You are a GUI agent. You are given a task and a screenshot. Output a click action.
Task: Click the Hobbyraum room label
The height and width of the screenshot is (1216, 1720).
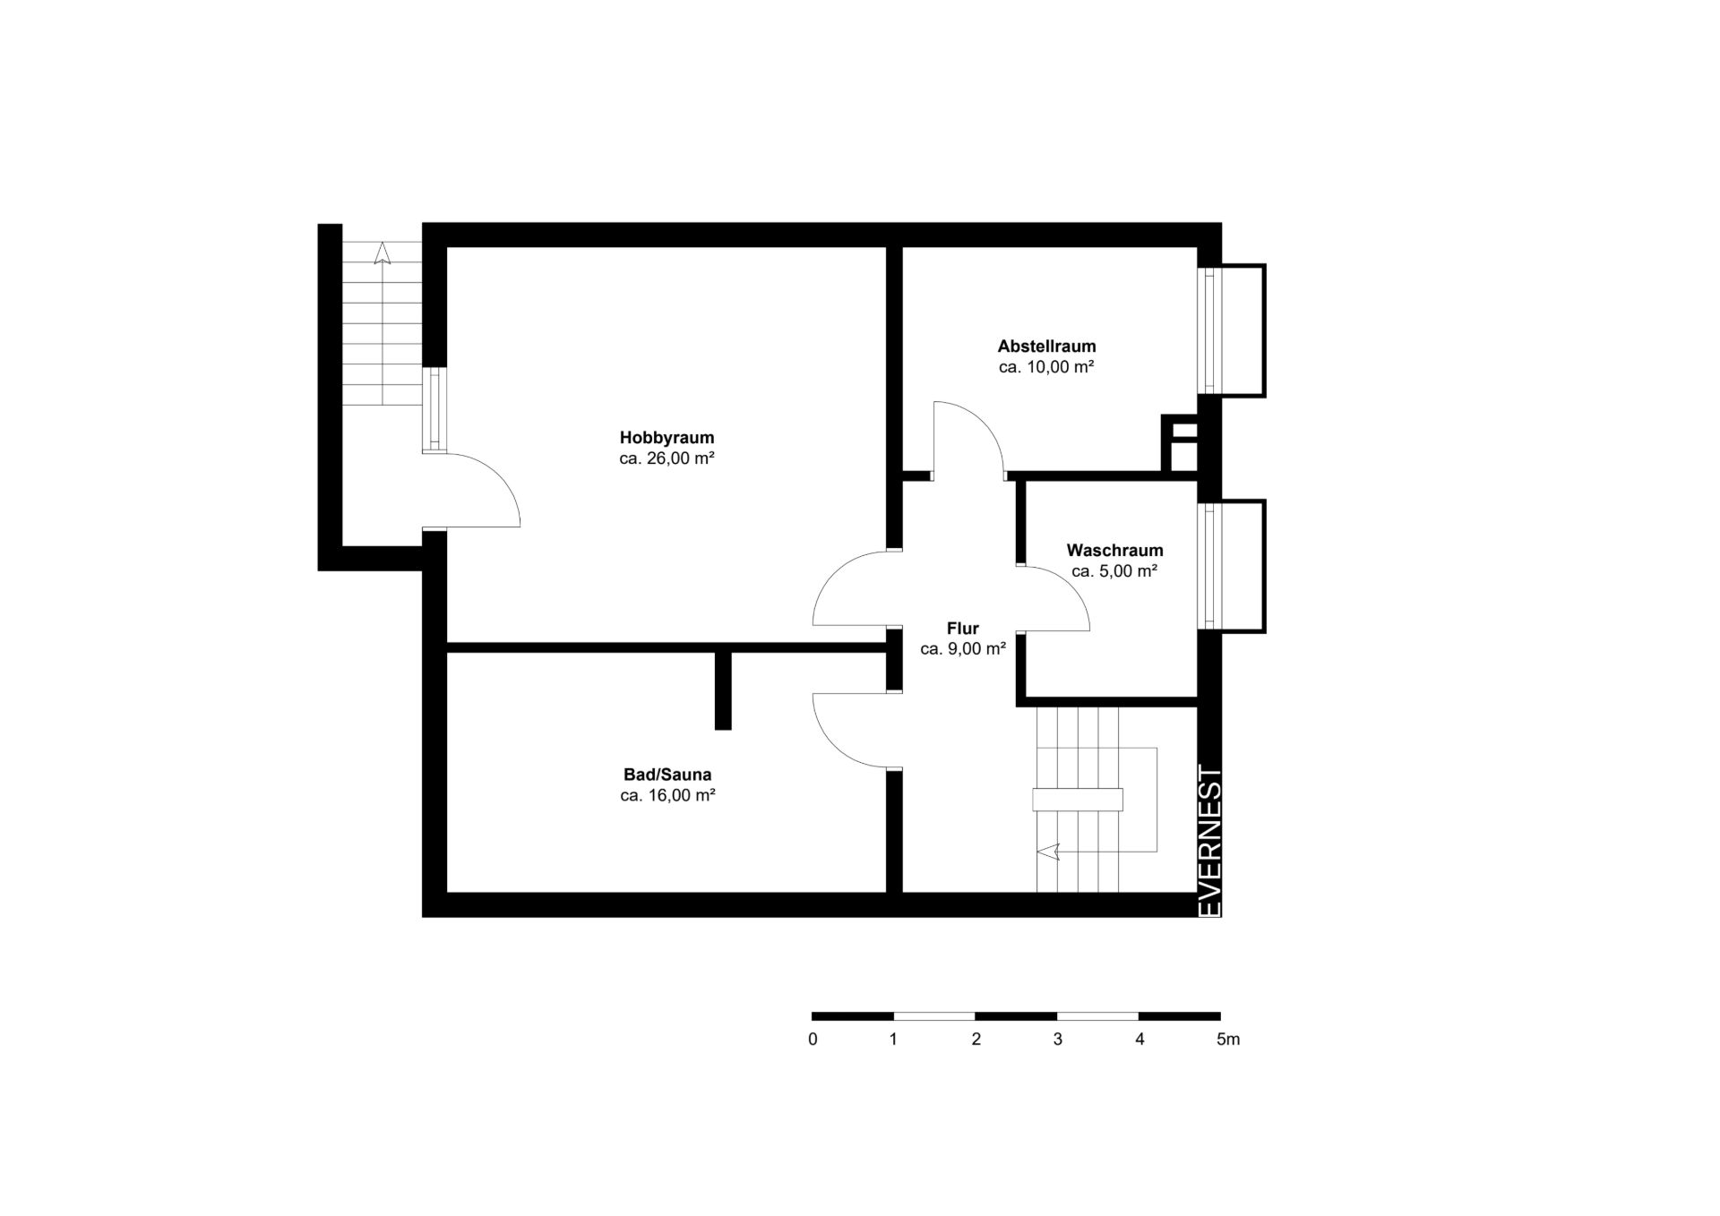point(666,438)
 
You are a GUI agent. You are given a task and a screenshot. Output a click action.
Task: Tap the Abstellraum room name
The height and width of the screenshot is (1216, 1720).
point(1046,346)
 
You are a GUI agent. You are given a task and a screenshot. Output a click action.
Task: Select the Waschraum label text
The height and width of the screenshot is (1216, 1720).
point(1114,550)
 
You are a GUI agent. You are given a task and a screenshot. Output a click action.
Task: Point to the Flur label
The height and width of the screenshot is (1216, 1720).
point(963,628)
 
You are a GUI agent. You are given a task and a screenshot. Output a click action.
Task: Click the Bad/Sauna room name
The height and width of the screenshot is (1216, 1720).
point(667,775)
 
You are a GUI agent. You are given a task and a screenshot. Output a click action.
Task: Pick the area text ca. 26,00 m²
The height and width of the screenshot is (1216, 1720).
point(666,458)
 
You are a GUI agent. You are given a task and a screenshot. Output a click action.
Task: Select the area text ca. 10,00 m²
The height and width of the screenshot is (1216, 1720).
point(1046,366)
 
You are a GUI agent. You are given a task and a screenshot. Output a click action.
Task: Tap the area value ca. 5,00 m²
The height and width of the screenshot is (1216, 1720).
point(1114,570)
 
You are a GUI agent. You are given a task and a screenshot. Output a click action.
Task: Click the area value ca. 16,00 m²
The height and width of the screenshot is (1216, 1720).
point(667,795)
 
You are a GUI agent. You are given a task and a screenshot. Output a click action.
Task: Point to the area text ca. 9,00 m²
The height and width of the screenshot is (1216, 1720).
point(963,648)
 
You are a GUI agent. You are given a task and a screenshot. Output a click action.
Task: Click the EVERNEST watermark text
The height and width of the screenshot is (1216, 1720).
point(1209,841)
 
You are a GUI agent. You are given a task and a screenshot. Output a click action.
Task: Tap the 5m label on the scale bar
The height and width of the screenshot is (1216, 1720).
point(1227,1040)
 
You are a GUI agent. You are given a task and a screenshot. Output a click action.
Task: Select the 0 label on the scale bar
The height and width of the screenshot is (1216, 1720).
point(813,1040)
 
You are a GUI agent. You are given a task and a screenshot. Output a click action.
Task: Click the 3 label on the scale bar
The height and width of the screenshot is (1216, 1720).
point(1058,1040)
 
